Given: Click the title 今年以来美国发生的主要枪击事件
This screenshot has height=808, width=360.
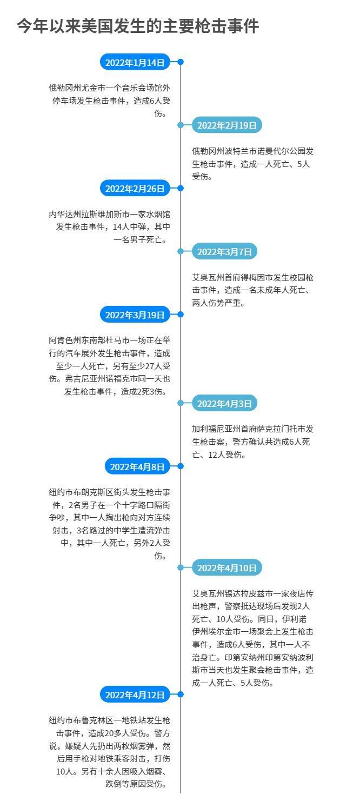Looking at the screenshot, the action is tap(138, 26).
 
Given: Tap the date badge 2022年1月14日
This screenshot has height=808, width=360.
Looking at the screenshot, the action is tap(135, 62).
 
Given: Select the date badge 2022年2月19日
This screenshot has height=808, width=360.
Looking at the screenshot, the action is tap(227, 125).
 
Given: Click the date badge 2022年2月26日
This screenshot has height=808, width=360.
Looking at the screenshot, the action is tap(135, 188).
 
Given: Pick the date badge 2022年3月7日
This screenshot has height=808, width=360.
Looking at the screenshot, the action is tap(224, 251).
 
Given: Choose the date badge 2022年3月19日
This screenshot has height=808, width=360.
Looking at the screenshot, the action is tap(135, 315).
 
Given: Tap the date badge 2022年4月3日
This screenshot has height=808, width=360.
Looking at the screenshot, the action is tap(224, 403).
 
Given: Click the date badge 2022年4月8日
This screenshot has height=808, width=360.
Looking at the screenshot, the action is tap(137, 467).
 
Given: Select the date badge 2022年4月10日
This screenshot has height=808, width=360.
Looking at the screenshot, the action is tap(227, 568).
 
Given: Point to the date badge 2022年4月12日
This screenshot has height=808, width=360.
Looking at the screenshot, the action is tap(135, 695).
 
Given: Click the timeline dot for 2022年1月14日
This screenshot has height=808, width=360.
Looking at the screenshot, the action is tap(181, 62).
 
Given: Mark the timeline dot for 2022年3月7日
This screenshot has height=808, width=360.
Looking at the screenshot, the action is tap(181, 251).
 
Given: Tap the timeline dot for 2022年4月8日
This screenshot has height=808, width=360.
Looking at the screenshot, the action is tap(181, 466).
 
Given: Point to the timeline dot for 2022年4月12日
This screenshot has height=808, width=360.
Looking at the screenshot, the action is tap(181, 694).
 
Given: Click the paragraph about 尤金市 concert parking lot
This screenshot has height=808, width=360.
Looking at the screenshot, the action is tap(110, 101).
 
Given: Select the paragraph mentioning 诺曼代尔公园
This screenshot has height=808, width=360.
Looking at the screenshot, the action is tap(252, 164).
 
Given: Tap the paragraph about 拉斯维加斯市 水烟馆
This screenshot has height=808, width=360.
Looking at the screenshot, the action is tap(110, 227).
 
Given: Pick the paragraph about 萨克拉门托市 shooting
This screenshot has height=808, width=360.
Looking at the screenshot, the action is tap(252, 442).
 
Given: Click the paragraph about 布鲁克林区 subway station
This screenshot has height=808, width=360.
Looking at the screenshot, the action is tap(110, 752).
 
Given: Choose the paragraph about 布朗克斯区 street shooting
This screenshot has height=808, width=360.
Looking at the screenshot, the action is tap(110, 524).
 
